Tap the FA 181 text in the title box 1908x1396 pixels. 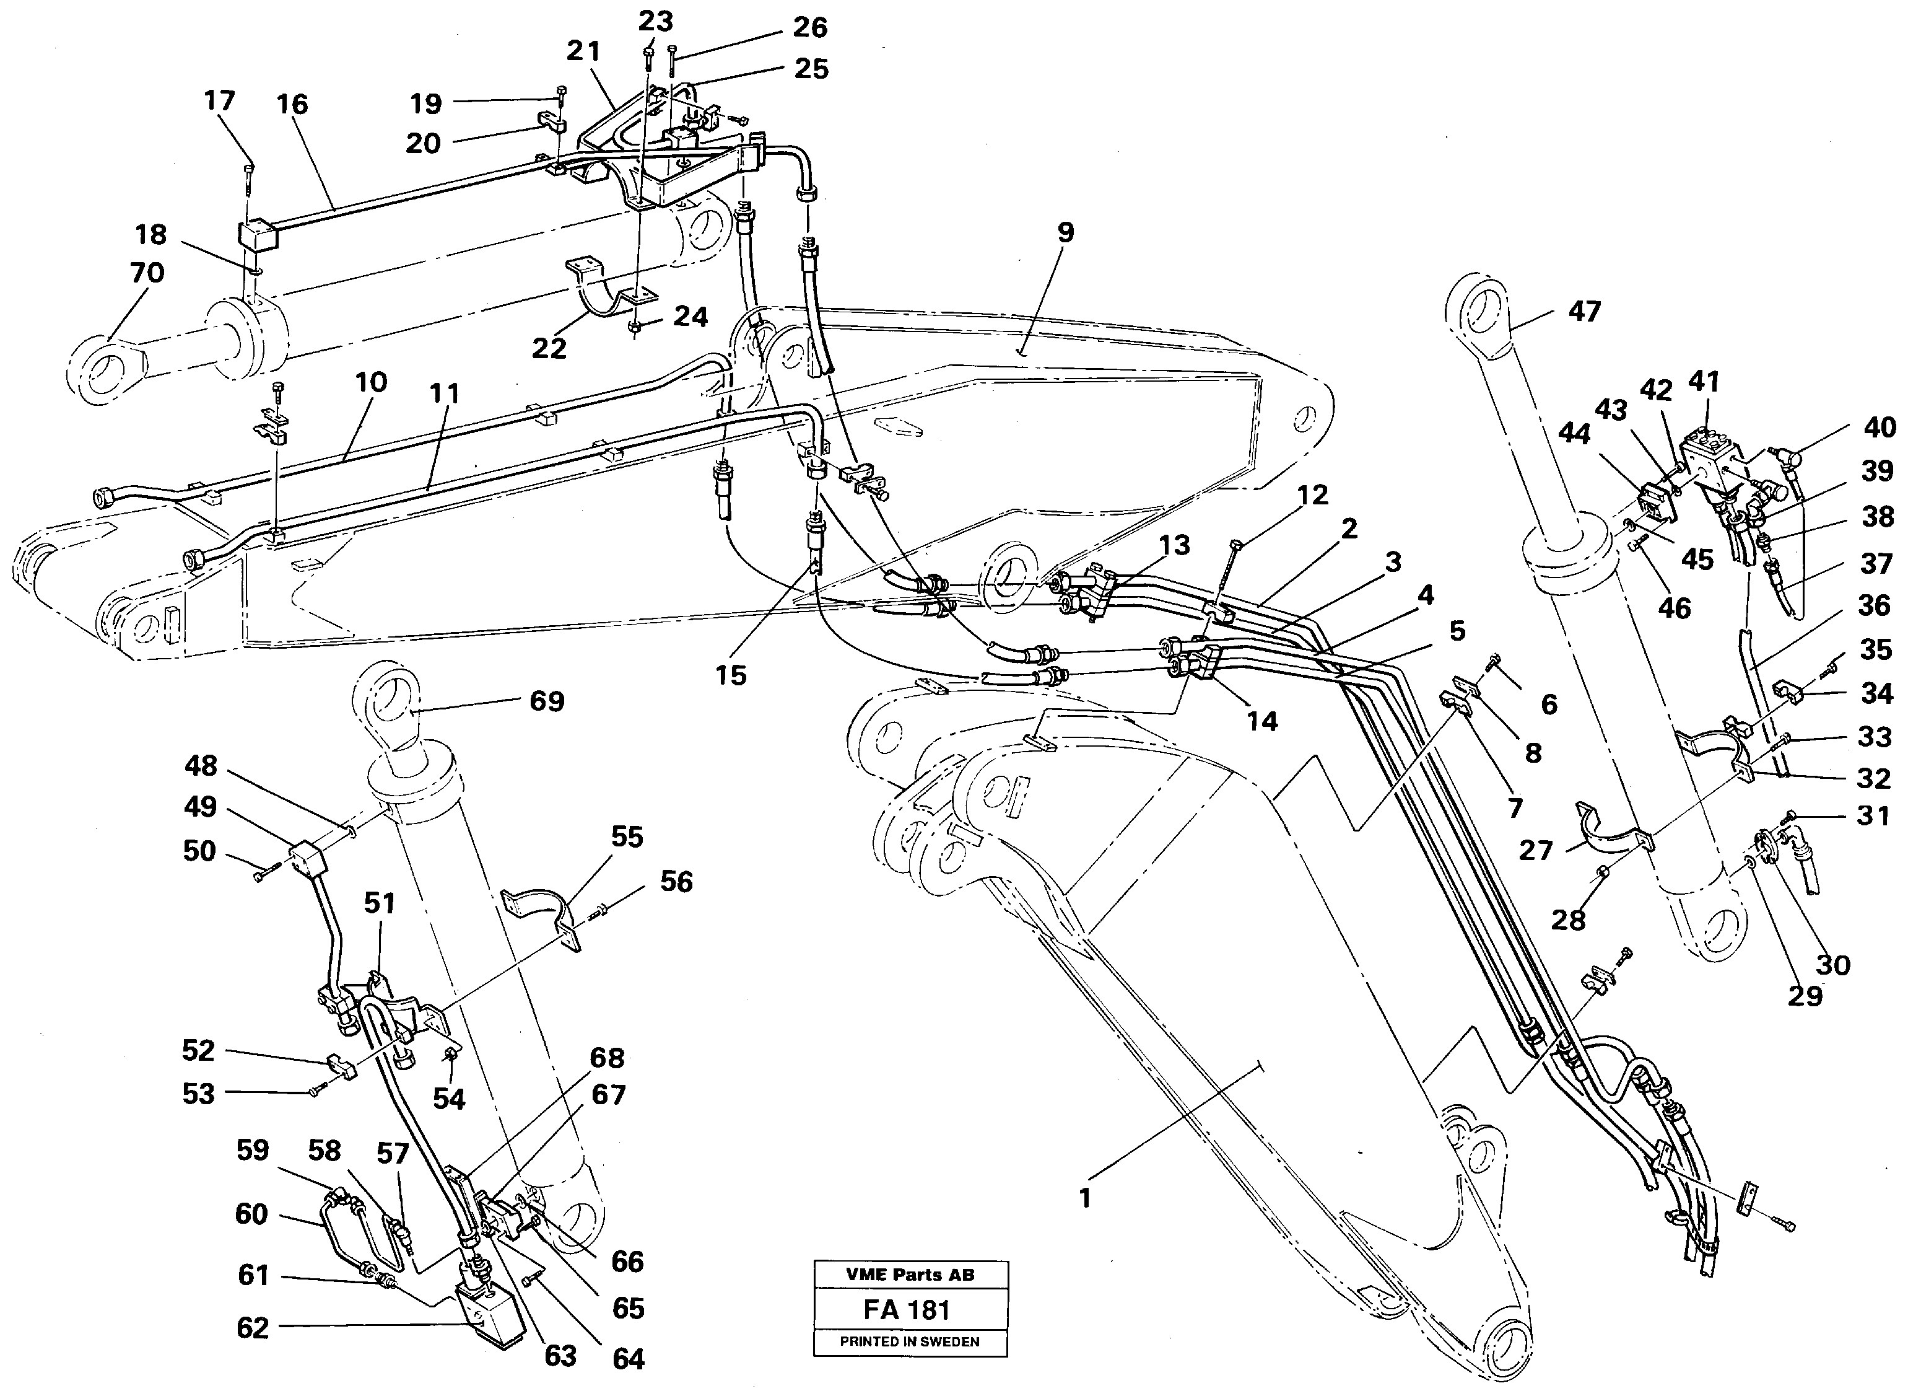906,1310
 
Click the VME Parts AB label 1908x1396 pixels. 909,1275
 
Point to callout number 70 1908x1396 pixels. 146,273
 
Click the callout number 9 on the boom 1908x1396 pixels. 1065,232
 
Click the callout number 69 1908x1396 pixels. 546,701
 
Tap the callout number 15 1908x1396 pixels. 731,675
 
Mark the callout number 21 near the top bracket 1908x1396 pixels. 583,51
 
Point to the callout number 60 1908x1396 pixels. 251,1214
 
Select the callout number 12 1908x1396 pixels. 1312,495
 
